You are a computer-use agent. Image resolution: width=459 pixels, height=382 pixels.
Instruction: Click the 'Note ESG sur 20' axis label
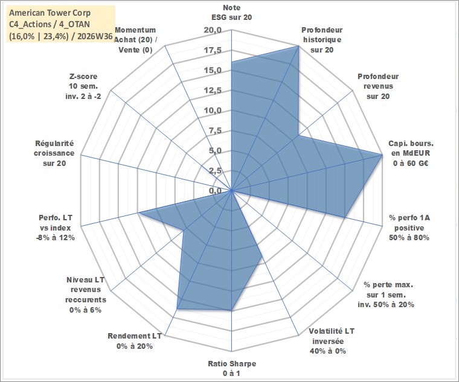(x=231, y=12)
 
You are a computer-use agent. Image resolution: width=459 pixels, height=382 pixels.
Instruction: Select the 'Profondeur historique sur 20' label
(x=322, y=40)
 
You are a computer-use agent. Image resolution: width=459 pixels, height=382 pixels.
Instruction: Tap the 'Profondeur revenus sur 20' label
(x=378, y=86)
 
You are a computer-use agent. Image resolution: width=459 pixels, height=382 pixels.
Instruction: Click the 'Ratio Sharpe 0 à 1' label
(x=232, y=368)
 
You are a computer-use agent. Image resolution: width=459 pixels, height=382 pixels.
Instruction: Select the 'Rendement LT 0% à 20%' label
(x=135, y=341)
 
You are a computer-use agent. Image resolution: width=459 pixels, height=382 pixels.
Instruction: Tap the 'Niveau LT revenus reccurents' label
(x=86, y=294)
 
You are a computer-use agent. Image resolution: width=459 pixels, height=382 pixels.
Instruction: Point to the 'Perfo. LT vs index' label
(x=56, y=228)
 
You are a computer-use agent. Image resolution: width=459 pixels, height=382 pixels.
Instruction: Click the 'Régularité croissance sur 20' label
(x=54, y=153)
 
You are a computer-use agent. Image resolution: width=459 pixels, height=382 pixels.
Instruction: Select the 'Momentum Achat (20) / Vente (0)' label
(x=135, y=40)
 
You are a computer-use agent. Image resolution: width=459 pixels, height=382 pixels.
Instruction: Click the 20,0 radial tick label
(x=213, y=30)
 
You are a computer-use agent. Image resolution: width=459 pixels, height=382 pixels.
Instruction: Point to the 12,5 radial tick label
(x=213, y=91)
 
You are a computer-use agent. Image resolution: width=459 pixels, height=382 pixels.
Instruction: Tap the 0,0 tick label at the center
(x=215, y=191)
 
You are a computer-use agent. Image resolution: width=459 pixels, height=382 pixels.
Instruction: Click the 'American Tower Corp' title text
(x=50, y=13)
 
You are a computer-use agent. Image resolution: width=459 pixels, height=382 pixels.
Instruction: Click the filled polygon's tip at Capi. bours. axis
(x=382, y=154)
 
